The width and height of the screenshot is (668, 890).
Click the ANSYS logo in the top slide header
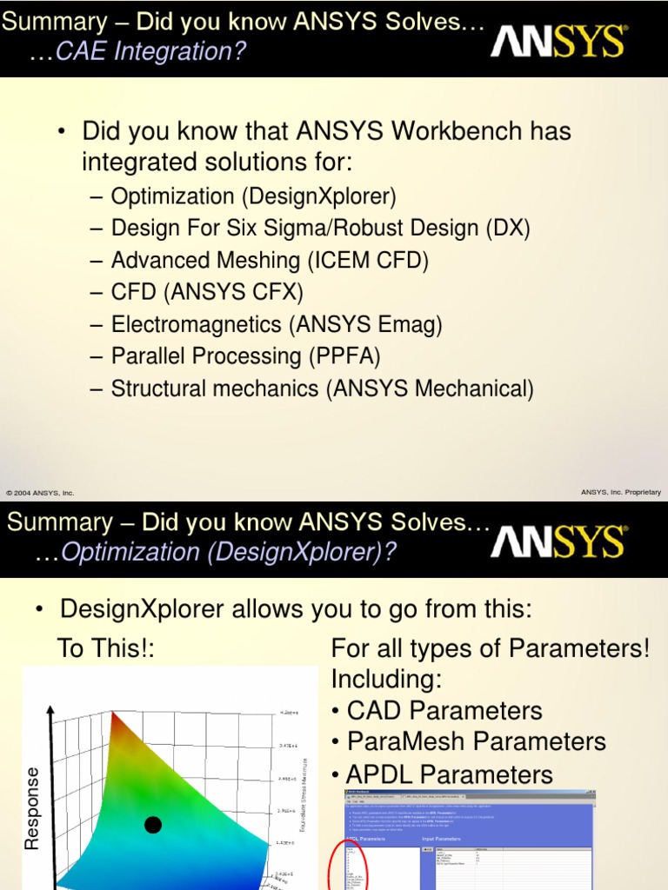point(558,41)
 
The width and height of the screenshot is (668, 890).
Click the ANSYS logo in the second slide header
point(558,541)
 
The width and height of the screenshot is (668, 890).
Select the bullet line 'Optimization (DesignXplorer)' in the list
point(253,196)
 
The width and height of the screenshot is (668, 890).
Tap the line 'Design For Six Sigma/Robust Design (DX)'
point(320,229)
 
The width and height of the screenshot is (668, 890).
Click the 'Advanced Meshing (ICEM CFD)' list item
point(270,261)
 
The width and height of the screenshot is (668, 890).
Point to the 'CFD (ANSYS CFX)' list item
point(207,293)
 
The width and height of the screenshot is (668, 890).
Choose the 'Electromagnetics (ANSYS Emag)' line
point(277,325)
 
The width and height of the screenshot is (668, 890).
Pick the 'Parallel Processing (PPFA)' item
point(245,356)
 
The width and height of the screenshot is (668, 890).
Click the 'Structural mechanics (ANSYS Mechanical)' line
point(322,389)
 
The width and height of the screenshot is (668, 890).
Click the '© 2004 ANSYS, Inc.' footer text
point(40,493)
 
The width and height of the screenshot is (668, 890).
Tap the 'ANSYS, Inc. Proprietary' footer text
point(620,492)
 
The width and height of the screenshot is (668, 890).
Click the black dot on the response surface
point(153,825)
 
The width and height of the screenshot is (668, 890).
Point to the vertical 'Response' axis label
point(33,808)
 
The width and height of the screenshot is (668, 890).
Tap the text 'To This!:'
point(106,648)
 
